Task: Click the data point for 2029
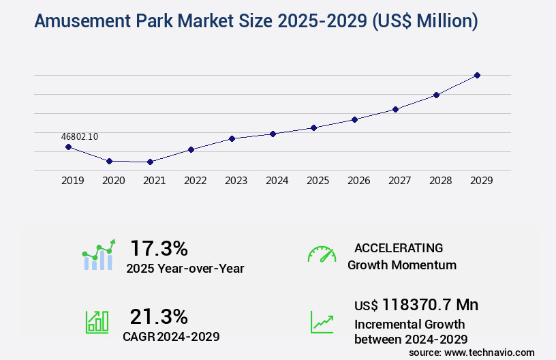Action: coord(477,75)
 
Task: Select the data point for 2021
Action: coord(150,162)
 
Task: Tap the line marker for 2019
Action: coord(68,147)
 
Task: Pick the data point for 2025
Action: coord(313,127)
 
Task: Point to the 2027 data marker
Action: coord(395,109)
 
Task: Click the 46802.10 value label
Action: coord(79,136)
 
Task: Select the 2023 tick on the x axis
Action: coord(236,181)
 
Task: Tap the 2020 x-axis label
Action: coord(113,181)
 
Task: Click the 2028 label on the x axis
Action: coord(440,181)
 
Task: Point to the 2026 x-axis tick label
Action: coord(358,181)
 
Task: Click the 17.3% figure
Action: coord(159,247)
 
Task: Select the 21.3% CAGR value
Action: coord(159,316)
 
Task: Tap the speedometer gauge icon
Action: coord(322,254)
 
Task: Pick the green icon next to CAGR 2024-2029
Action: coord(97,322)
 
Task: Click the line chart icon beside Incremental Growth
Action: coord(322,322)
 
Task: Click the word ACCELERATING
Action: coord(399,247)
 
